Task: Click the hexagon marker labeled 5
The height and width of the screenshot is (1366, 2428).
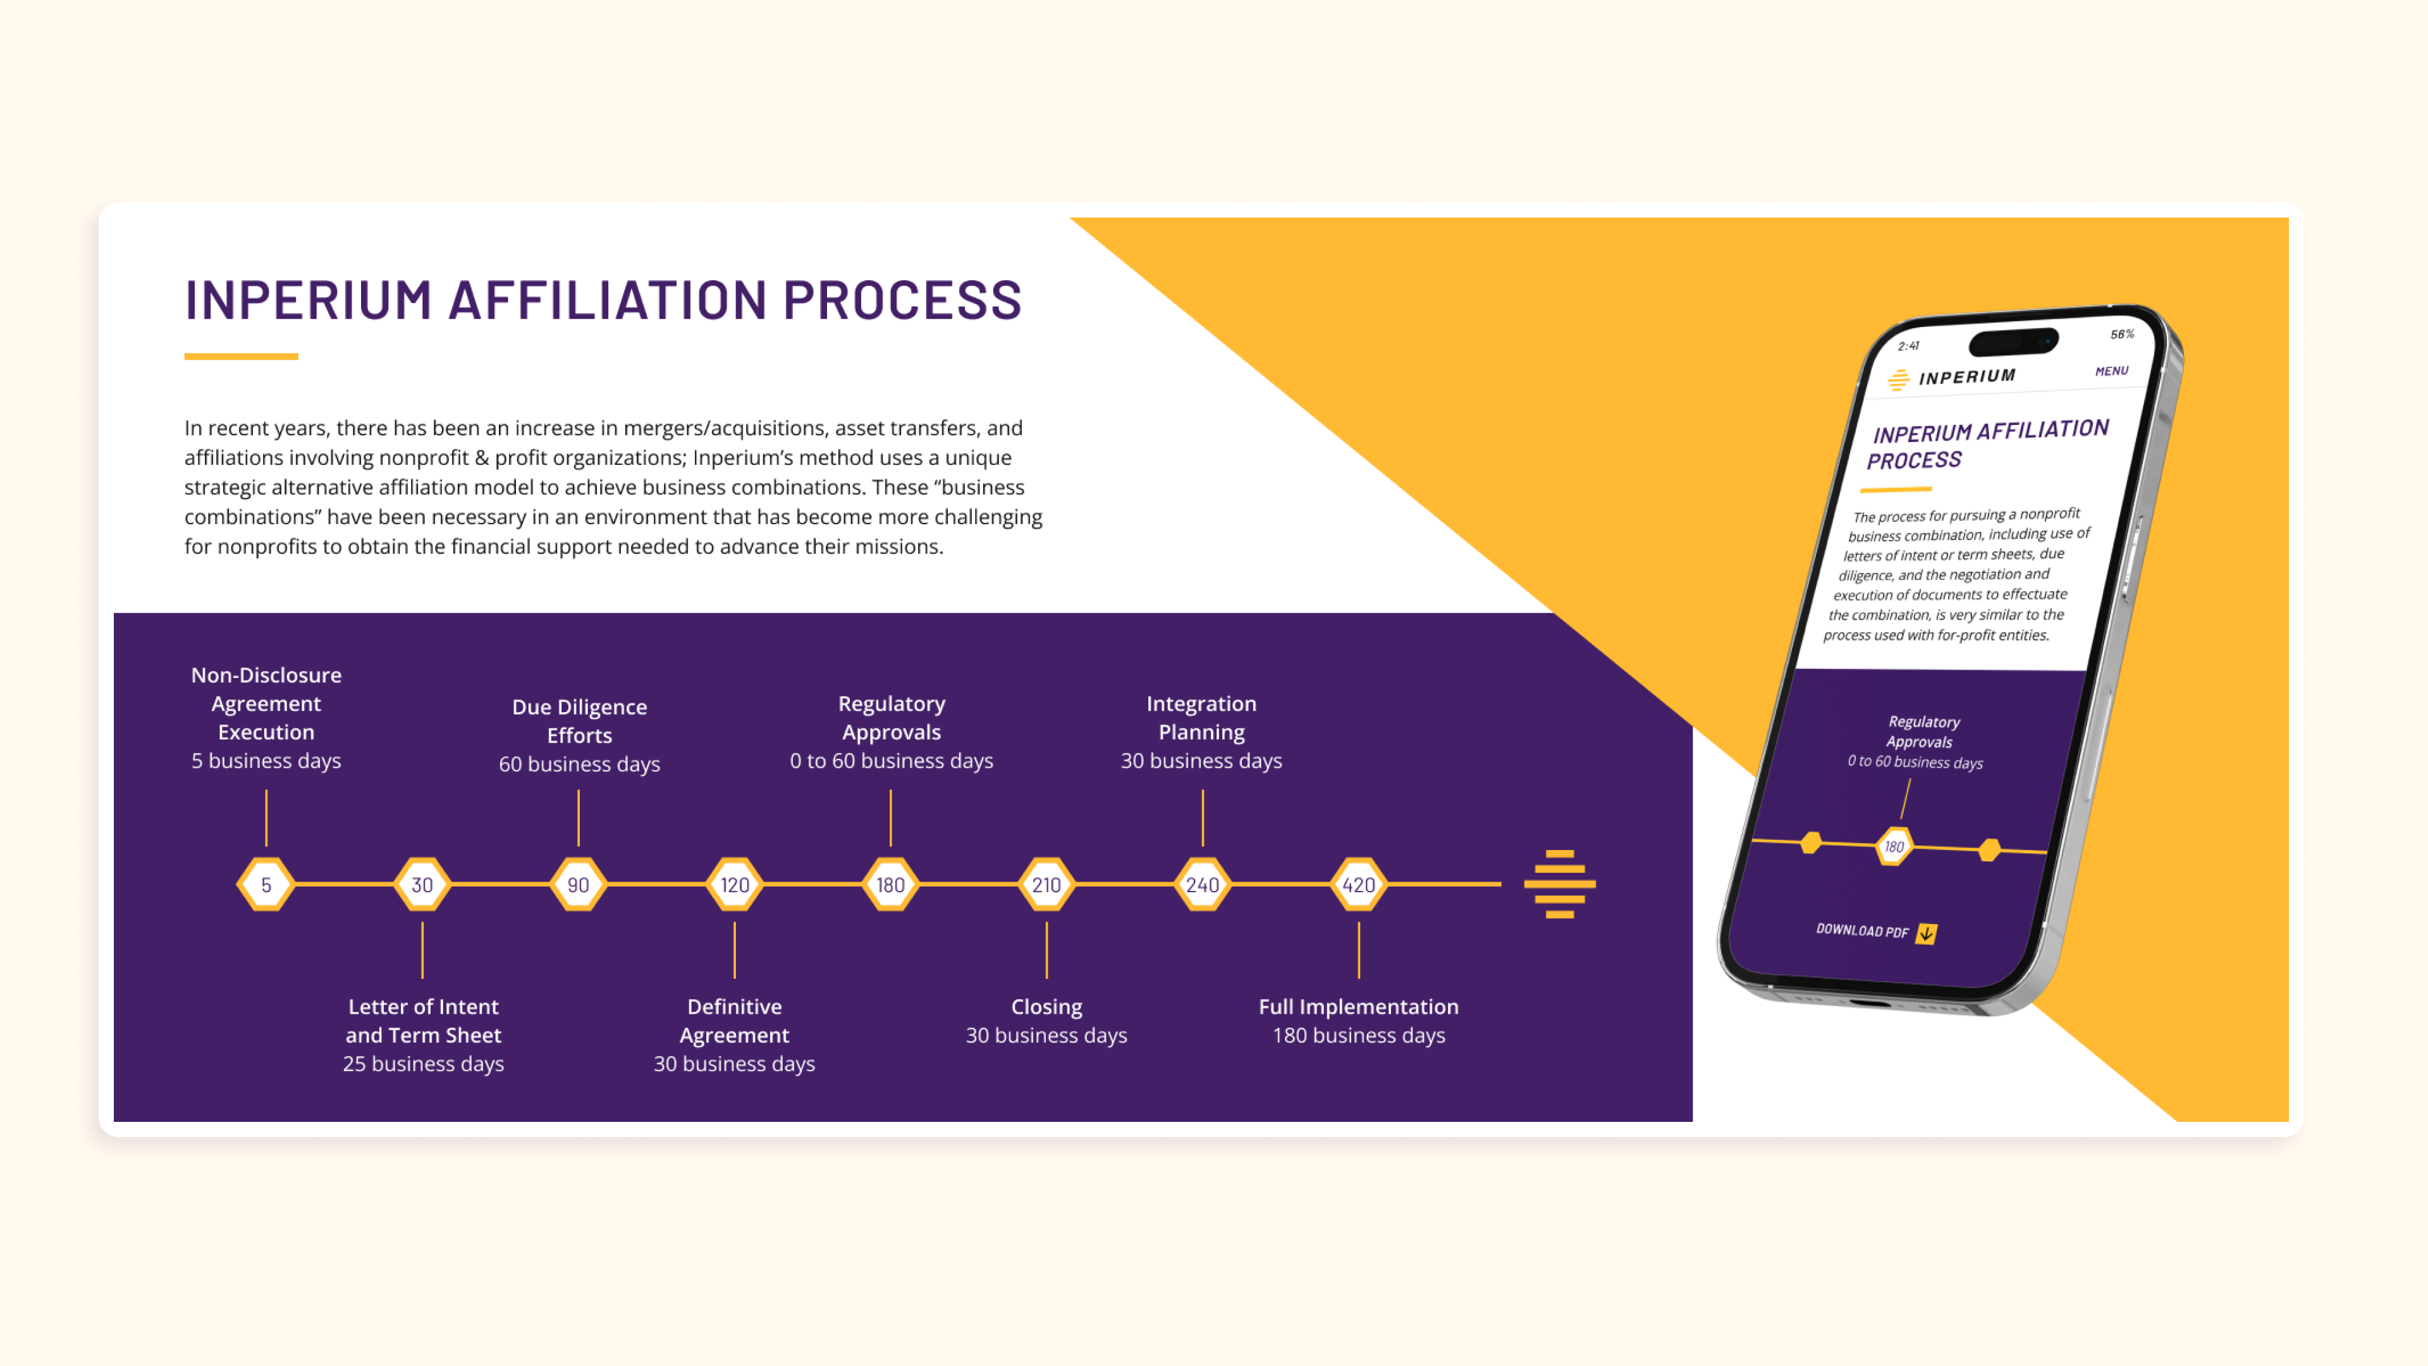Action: pos(266,884)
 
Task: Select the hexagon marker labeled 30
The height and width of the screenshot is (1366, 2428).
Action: pos(422,884)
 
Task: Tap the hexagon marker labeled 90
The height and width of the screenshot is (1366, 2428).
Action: pos(578,884)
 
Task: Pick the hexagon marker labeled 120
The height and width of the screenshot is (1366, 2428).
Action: pos(734,884)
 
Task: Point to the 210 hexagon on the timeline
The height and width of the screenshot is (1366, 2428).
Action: pos(1046,884)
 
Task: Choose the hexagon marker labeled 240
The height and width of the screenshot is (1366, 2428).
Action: pos(1202,884)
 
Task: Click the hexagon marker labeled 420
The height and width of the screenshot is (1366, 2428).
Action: pos(1358,884)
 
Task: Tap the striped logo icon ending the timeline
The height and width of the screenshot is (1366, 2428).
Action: pos(1560,883)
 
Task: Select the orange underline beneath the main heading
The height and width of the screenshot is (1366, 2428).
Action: pos(242,356)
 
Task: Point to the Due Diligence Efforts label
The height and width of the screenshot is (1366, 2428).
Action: pos(579,720)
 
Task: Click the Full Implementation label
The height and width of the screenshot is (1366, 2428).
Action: pos(1358,1007)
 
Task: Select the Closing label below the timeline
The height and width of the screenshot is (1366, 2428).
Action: pos(1046,1007)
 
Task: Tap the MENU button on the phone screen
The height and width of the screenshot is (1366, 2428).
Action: pos(2111,371)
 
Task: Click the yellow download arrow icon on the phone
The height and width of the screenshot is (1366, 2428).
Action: pos(1927,933)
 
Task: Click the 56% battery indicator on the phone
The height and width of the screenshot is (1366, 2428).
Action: pos(2122,335)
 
